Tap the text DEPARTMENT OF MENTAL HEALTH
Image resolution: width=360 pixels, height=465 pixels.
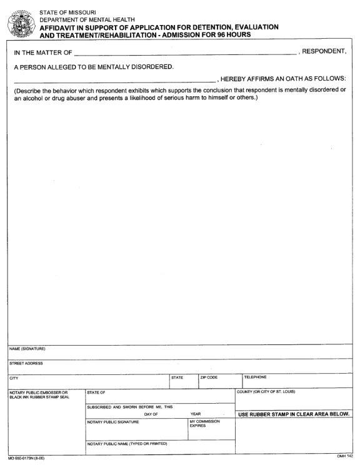[84, 20]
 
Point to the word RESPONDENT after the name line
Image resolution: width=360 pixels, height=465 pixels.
[324, 51]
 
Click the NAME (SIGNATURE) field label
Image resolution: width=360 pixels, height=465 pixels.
[27, 349]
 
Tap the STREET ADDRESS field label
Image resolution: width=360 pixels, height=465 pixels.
[26, 363]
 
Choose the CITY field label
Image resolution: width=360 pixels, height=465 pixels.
[14, 377]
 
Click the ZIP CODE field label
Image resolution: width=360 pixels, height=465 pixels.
[209, 377]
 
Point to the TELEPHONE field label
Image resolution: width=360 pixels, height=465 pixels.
[255, 377]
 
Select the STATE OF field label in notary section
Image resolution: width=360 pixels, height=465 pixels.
[96, 392]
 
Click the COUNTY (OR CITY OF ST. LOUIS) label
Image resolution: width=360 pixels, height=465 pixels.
[265, 392]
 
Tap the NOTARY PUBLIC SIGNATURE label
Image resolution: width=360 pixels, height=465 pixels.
[113, 422]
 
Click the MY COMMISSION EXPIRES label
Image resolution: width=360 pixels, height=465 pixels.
[202, 424]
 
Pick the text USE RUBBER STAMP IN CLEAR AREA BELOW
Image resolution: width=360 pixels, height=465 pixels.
[294, 414]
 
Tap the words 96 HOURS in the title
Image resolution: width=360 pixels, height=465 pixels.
[232, 35]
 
